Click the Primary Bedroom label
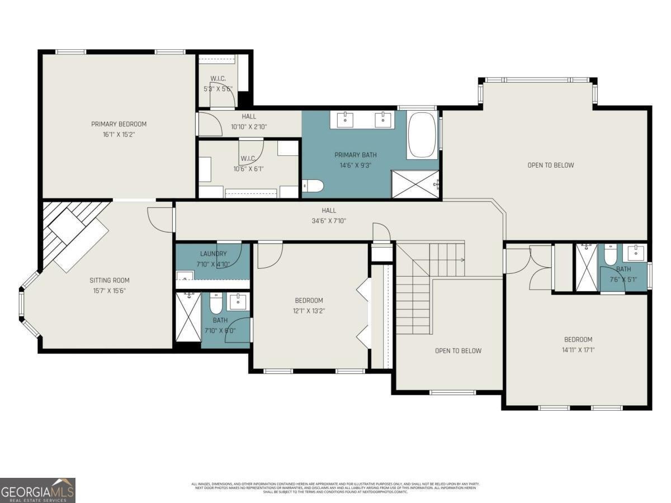pos(119,124)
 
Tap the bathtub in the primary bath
pos(422,136)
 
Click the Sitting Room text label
pos(110,281)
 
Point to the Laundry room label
pos(213,254)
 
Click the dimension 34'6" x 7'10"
pos(329,221)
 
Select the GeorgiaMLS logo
pos(37,490)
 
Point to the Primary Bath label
pos(355,155)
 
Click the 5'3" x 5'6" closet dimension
pos(218,89)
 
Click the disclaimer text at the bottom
pos(335,487)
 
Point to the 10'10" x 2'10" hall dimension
pos(249,127)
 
